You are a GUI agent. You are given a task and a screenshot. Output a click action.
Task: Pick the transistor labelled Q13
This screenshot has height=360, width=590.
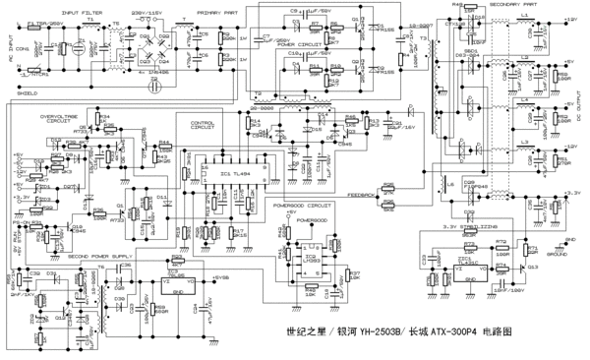pos(532,266)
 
